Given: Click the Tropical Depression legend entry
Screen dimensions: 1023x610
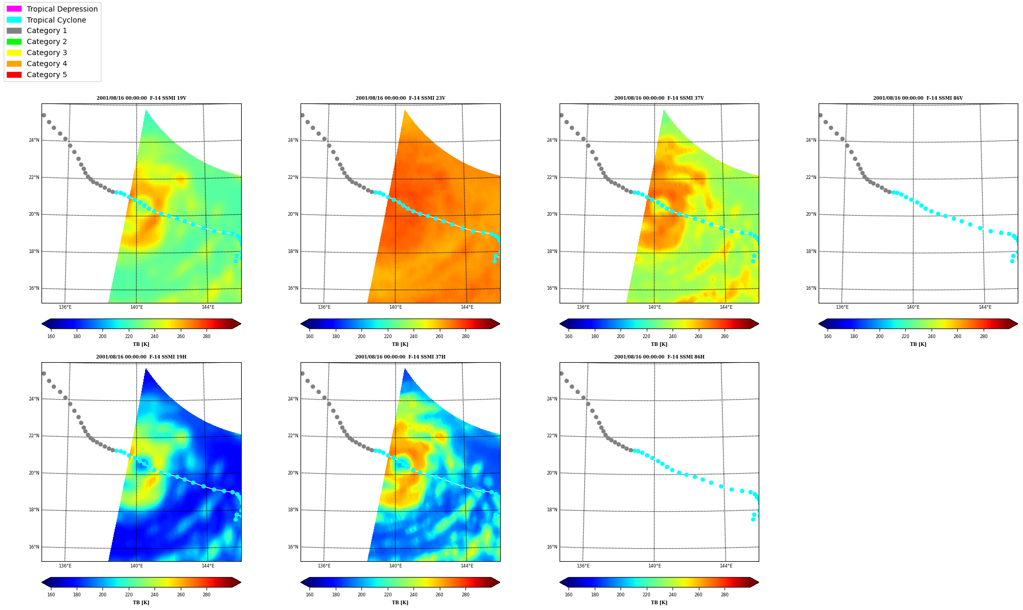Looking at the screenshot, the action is pyautogui.click(x=52, y=9).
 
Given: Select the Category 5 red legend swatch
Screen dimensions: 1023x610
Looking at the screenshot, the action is pyautogui.click(x=14, y=75).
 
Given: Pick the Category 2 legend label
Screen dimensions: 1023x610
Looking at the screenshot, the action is pyautogui.click(x=47, y=41).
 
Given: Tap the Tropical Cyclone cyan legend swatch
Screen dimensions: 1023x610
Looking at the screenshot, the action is pyautogui.click(x=14, y=20).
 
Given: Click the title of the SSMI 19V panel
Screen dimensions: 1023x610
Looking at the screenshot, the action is pyautogui.click(x=141, y=98).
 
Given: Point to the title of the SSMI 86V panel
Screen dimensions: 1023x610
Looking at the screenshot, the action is pyautogui.click(x=918, y=98).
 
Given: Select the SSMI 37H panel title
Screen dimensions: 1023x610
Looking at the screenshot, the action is pyautogui.click(x=400, y=357).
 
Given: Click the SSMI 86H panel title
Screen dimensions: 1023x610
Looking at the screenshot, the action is pyautogui.click(x=659, y=357).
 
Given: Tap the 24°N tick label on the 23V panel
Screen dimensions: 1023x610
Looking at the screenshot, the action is pyautogui.click(x=293, y=140).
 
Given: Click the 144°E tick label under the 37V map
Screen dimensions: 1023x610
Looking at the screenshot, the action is pyautogui.click(x=726, y=307).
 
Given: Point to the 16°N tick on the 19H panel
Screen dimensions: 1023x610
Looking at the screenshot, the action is pyautogui.click(x=34, y=547).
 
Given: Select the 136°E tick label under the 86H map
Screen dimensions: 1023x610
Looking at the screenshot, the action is pyautogui.click(x=583, y=566).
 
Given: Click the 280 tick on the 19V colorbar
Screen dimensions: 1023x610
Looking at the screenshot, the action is pyautogui.click(x=206, y=336).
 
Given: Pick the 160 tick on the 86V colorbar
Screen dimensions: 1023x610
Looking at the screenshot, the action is pyautogui.click(x=828, y=336).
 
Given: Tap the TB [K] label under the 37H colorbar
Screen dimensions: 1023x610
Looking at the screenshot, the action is pyautogui.click(x=400, y=603).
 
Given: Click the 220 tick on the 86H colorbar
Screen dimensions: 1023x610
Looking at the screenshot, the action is pyautogui.click(x=646, y=595).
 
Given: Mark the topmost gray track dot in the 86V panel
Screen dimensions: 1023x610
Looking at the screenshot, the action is pyautogui.click(x=820, y=115).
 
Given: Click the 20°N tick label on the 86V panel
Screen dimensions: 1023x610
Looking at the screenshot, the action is pyautogui.click(x=811, y=214).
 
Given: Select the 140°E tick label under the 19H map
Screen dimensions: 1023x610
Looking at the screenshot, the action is pyautogui.click(x=137, y=566).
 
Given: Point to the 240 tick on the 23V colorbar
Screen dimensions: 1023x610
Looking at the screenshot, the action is pyautogui.click(x=414, y=336).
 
